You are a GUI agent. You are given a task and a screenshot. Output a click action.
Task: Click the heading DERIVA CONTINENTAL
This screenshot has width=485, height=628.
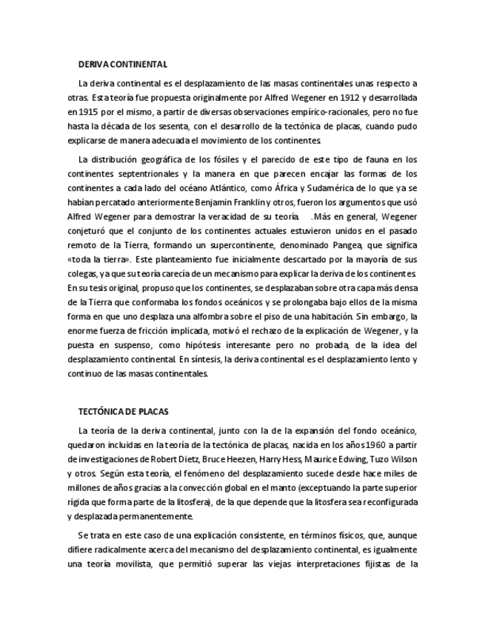[x=123, y=64]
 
